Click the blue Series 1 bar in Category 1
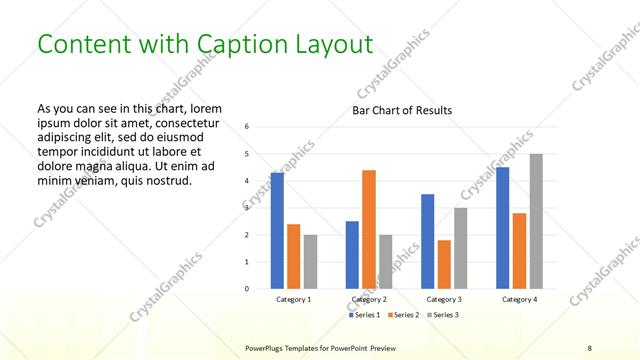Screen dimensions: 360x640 coord(277,231)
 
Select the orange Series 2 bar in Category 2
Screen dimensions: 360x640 coord(369,229)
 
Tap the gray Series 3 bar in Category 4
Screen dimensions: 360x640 coord(536,221)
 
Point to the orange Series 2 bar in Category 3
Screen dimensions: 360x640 coord(444,264)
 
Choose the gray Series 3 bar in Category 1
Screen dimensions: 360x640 coord(310,262)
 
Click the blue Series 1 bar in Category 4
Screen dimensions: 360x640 coord(503,228)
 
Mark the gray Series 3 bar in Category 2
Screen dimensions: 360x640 coord(386,262)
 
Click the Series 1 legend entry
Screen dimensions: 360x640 coord(364,315)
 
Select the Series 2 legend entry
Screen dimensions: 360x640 coord(404,315)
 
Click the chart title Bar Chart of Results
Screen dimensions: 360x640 coord(402,110)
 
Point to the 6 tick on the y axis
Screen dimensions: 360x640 coord(247,127)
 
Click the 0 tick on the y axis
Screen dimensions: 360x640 coord(247,289)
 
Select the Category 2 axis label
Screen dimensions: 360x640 coord(369,299)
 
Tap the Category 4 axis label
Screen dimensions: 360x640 coord(519,299)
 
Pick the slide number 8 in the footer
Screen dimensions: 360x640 coord(590,346)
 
